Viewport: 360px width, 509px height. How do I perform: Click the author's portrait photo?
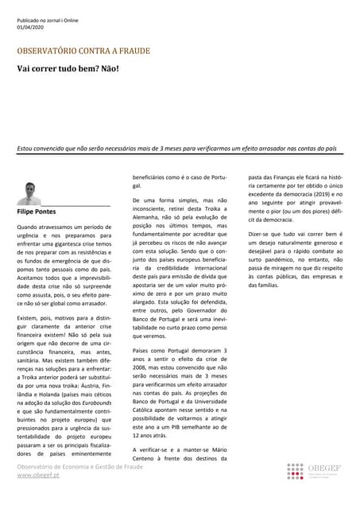(29, 193)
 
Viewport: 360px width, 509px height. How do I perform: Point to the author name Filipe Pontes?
(36, 212)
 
